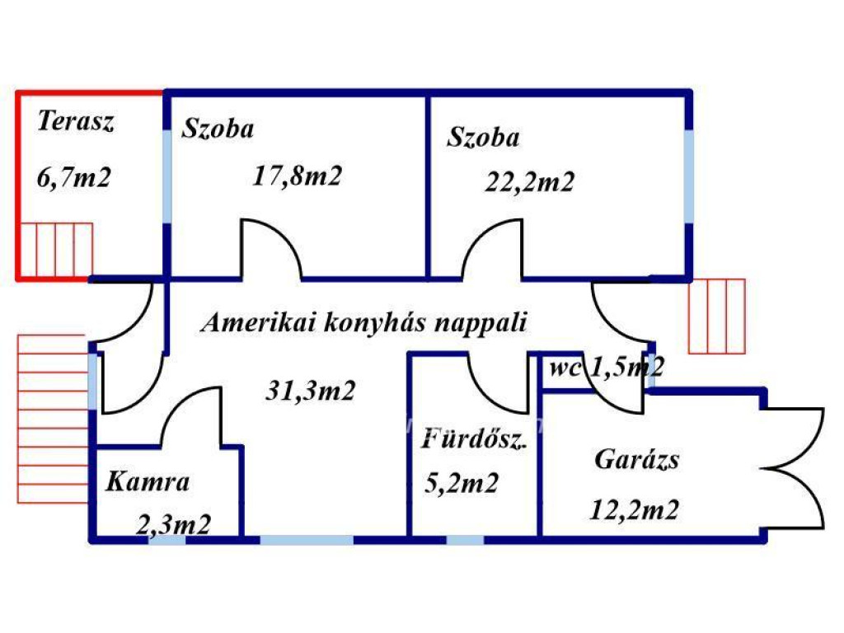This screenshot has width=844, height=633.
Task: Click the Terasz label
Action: coord(75,123)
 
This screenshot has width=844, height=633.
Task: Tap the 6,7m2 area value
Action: coord(73,178)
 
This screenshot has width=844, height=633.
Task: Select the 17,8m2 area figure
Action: coord(297,176)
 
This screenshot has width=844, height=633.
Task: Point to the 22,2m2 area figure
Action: coord(528,181)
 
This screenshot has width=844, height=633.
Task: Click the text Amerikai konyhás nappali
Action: coord(363,322)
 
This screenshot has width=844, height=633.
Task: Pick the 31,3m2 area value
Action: coord(310,390)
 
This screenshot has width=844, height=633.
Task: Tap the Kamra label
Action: coord(148,481)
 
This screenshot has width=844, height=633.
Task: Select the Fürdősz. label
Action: coord(473,439)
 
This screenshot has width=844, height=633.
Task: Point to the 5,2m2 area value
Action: coord(461,484)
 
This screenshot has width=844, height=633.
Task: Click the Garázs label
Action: coord(637,458)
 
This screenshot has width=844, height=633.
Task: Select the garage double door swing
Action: coord(794,469)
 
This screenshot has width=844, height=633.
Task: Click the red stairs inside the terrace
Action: coord(56,250)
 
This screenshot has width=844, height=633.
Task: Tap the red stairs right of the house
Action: coord(716,316)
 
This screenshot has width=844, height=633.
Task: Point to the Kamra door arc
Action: coord(191,416)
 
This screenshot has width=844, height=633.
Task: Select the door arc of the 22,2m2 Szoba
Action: coord(492,247)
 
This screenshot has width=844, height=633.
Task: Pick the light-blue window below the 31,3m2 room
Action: coord(307,540)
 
